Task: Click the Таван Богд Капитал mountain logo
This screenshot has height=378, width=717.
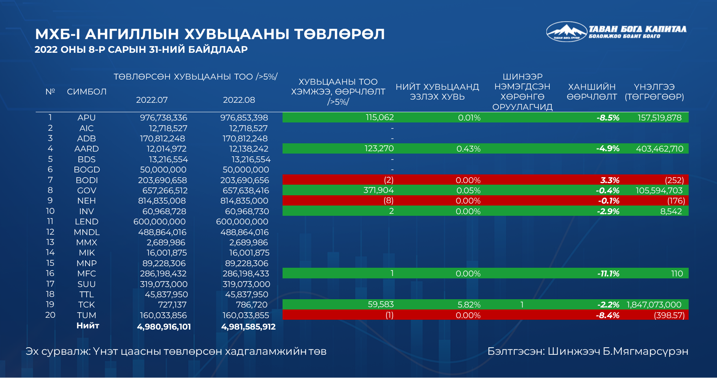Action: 566,31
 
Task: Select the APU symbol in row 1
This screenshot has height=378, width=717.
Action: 86,118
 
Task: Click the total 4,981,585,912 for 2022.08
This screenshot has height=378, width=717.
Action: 248,327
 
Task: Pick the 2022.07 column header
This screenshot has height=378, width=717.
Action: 152,100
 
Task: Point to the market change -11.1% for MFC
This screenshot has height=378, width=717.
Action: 608,274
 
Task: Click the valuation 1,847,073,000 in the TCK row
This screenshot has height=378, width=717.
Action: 654,305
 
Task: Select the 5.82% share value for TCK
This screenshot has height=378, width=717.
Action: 469,305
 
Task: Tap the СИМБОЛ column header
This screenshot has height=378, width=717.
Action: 87,92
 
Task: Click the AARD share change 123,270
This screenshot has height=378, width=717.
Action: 379,149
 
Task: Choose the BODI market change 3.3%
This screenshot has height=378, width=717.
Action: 610,180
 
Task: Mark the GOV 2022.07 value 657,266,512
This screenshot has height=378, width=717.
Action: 165,191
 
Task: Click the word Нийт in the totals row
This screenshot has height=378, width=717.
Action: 88,326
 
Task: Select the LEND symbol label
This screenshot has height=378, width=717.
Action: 87,222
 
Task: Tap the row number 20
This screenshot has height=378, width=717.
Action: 50,315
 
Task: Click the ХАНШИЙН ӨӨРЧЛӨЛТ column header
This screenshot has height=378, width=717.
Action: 591,92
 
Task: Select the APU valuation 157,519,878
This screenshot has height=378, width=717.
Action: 660,118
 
